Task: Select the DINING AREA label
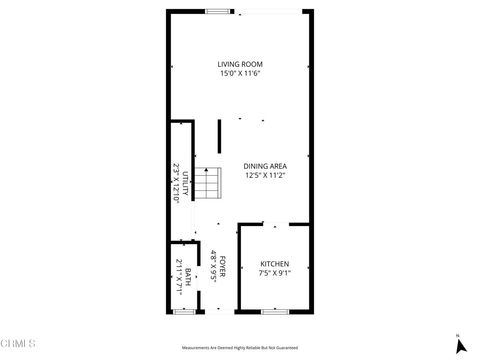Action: point(265,166)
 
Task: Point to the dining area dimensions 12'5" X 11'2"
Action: point(265,175)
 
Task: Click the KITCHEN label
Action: point(274,264)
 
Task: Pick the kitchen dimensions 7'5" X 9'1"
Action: point(274,273)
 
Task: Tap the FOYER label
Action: point(223,266)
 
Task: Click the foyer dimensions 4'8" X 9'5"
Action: point(213,266)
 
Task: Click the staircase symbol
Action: point(207,185)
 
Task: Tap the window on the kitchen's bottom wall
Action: point(274,312)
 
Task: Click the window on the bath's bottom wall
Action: point(183,312)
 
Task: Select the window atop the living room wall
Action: point(218,11)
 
